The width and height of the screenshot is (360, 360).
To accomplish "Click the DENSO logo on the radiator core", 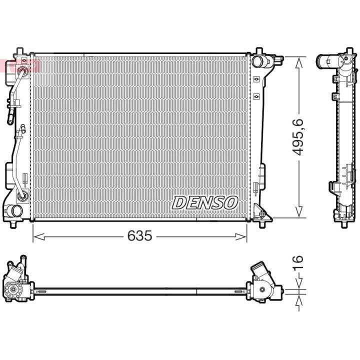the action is tap(205, 203).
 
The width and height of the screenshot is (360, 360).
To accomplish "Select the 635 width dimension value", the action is tap(140, 236).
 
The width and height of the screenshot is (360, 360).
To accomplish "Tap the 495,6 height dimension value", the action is tap(298, 137).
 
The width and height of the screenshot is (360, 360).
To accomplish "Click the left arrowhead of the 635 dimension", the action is tap(38, 236).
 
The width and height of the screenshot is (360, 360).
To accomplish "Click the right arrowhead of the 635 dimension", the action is tap(241, 236).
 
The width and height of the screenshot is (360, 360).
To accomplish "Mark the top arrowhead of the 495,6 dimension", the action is tap(298, 63).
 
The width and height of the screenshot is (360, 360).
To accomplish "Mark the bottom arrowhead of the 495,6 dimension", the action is tap(298, 211).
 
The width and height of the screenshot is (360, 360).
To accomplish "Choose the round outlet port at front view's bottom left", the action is tap(14, 210).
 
